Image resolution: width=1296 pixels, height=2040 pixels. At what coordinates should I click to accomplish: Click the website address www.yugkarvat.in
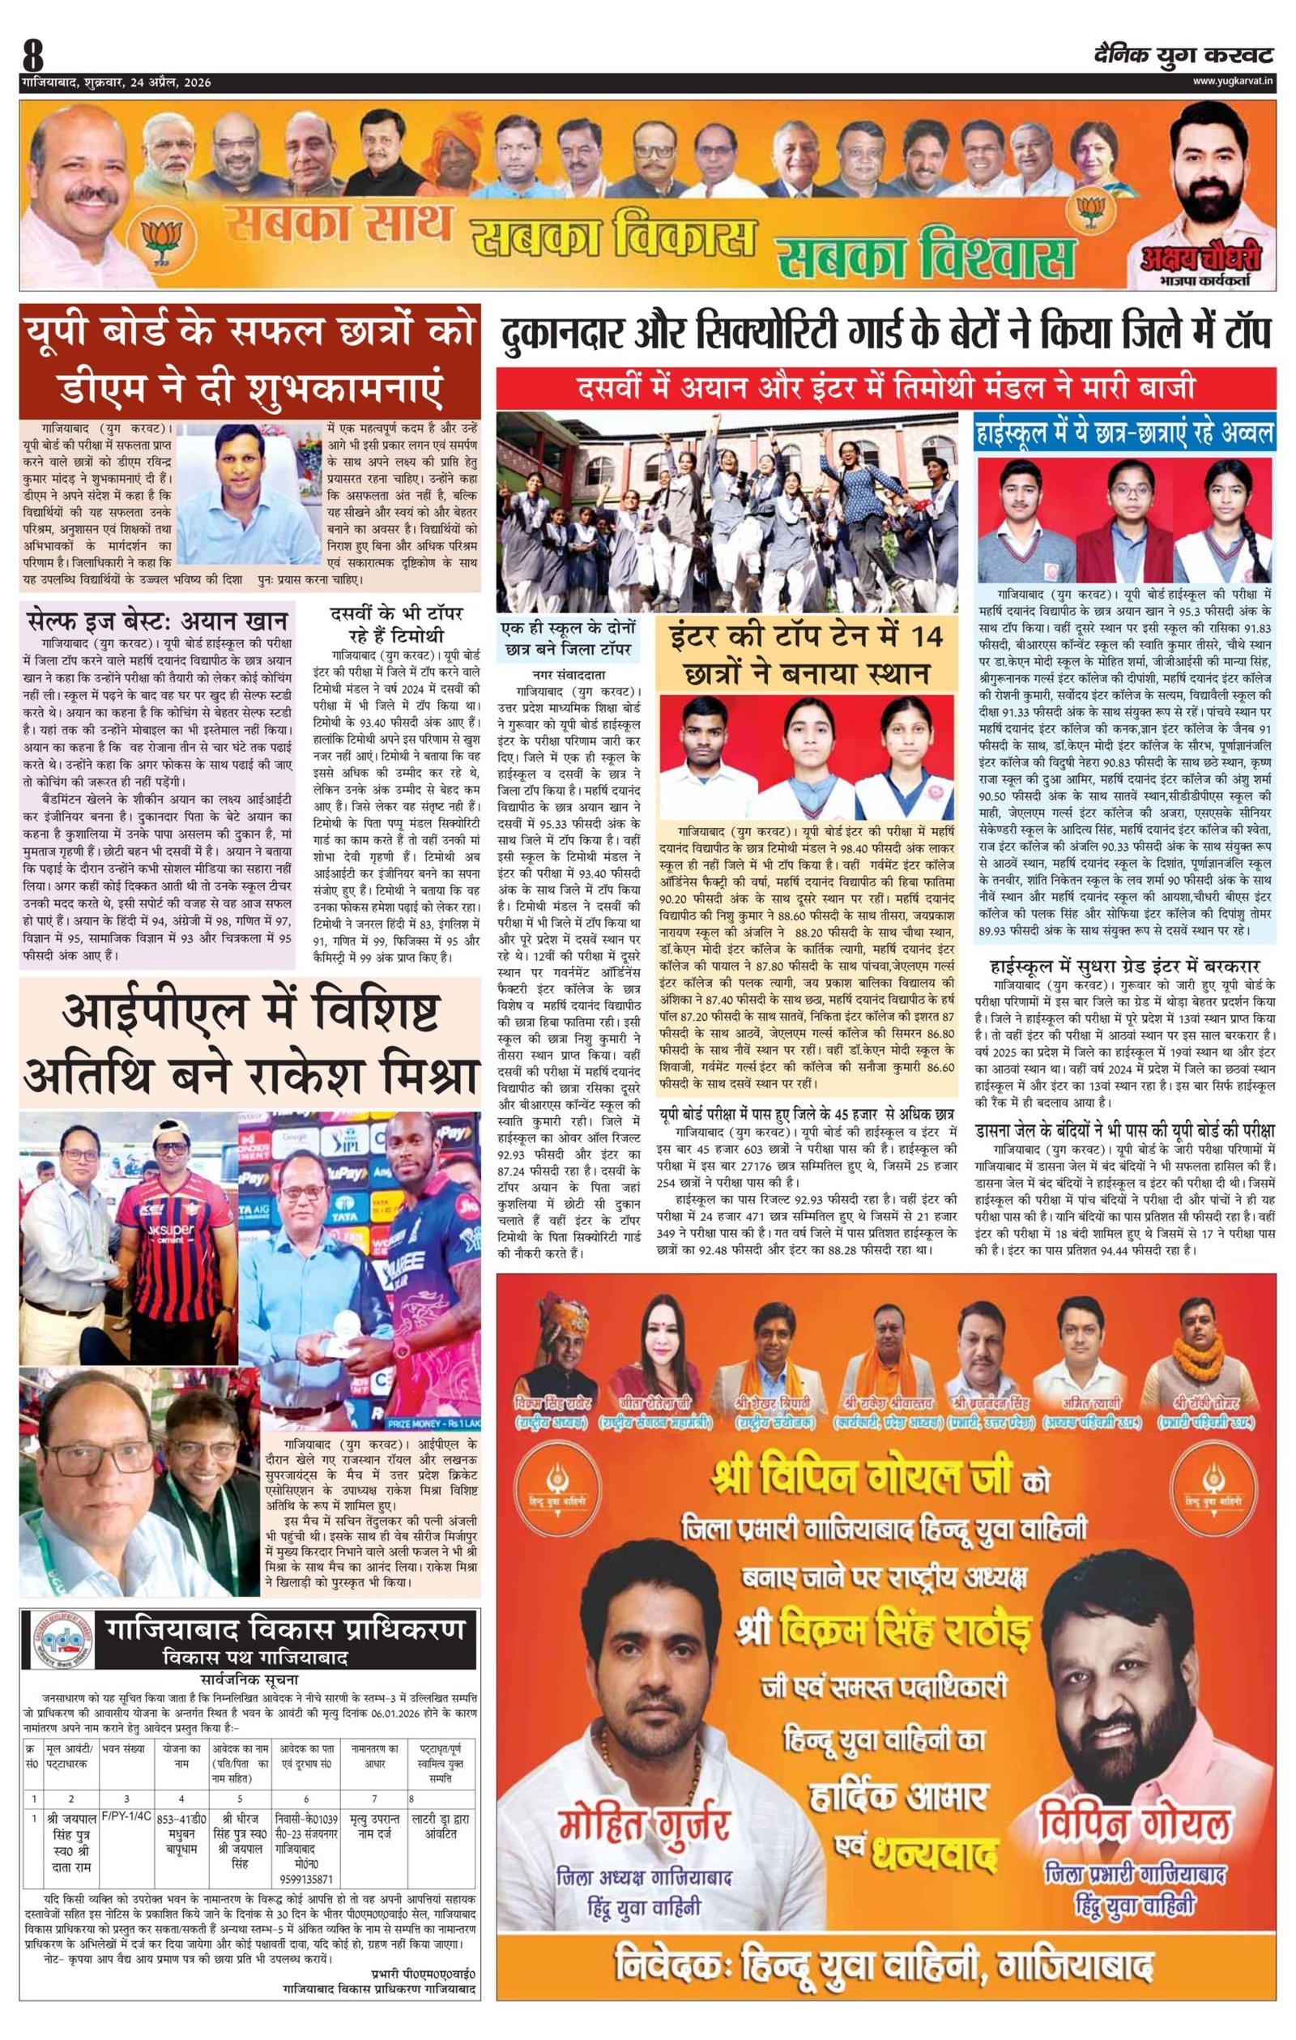1232,81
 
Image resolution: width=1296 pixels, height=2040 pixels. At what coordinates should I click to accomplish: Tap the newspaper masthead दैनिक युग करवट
1183,55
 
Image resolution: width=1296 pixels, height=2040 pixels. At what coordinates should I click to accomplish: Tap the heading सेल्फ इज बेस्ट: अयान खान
156,621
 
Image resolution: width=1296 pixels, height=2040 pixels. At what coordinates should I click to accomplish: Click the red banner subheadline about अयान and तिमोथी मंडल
885,389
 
